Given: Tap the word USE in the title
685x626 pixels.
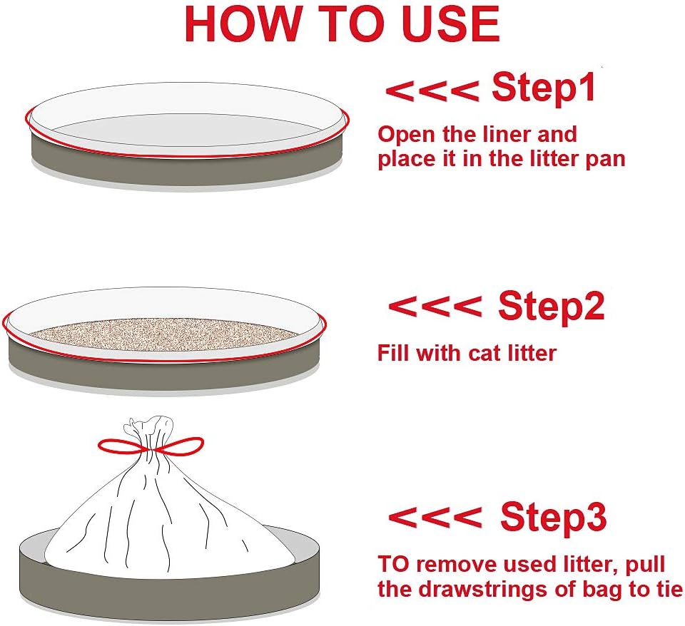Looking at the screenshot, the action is point(455,24).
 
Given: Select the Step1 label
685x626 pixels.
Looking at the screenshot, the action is point(544,87).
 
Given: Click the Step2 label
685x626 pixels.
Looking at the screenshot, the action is point(552,306).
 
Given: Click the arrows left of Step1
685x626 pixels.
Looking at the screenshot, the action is point(432,91).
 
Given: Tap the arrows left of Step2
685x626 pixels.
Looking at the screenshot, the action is point(435,306).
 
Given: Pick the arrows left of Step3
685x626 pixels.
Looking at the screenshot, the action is point(435,518).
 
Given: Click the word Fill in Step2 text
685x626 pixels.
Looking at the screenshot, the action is point(394,353).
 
